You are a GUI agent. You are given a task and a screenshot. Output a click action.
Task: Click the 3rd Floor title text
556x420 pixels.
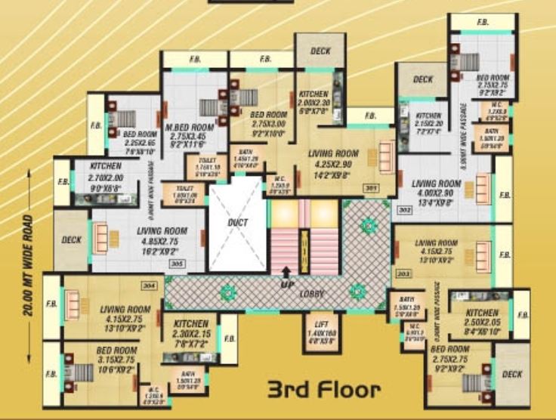(323, 390)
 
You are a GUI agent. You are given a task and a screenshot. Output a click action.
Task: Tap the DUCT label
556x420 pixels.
(238, 223)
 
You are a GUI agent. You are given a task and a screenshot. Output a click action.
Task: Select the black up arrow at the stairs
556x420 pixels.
(285, 273)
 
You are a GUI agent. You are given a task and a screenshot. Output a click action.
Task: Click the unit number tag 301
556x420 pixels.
(371, 189)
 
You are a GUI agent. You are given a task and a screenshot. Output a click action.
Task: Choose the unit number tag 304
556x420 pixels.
(148, 285)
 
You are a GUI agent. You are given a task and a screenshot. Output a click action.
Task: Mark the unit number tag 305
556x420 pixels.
(178, 264)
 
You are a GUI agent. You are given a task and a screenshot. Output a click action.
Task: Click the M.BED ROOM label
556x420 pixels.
(191, 127)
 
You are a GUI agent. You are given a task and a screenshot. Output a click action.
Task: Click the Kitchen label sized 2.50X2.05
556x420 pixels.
(482, 313)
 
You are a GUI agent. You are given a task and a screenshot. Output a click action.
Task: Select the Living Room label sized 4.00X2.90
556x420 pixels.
(437, 184)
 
